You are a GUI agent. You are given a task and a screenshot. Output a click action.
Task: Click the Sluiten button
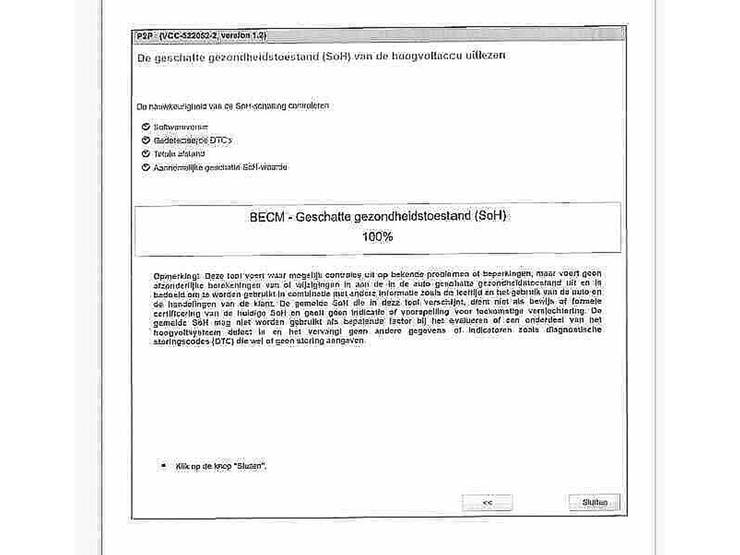pos(594,502)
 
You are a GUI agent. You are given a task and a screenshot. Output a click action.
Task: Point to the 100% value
pos(377,236)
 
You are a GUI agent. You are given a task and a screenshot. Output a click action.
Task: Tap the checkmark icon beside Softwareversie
pos(146,127)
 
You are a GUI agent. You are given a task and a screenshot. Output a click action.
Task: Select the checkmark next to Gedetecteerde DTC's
pos(146,140)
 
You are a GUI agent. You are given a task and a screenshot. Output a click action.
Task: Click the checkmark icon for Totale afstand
pos(146,154)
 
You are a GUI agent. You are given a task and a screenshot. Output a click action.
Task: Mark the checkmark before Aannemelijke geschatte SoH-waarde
pos(146,168)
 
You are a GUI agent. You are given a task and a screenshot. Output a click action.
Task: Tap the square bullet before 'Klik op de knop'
pos(164,466)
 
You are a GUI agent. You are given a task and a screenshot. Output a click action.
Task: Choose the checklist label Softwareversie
pos(176,127)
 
